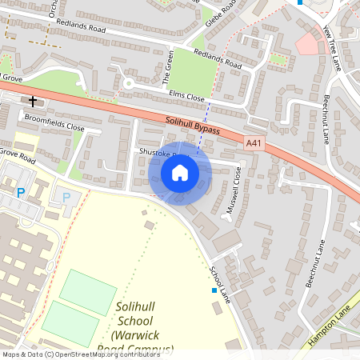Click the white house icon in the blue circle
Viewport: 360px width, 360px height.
tap(180, 173)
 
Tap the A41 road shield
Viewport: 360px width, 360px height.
tap(254, 143)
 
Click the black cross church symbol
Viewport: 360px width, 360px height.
tap(33, 101)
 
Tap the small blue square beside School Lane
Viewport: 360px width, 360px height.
tap(214, 290)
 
